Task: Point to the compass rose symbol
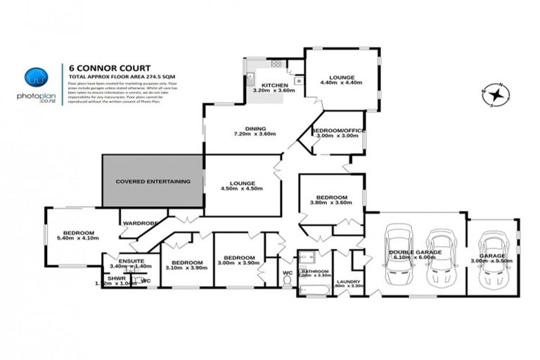click(x=496, y=94)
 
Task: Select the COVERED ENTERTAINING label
click(x=153, y=181)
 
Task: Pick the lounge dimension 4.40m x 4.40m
click(x=342, y=83)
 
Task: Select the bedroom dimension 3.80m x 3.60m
click(x=330, y=204)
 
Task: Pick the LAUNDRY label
click(x=347, y=281)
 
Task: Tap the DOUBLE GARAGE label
click(x=418, y=252)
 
